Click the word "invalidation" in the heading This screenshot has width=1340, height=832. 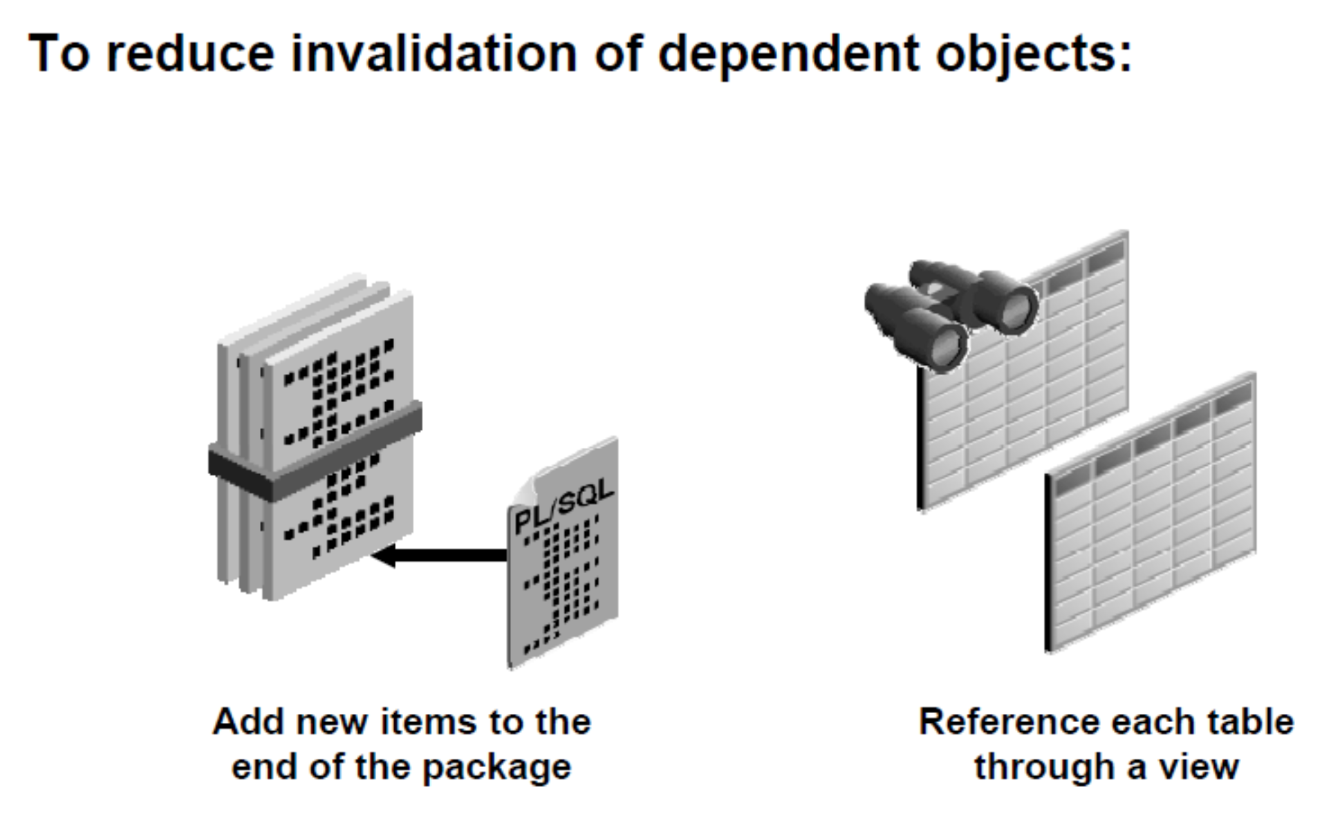(x=434, y=54)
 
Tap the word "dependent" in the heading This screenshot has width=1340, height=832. (x=789, y=54)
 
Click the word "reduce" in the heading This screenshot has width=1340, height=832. (x=190, y=54)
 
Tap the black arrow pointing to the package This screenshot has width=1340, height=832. (x=443, y=555)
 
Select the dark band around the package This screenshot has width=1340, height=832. (x=315, y=450)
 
